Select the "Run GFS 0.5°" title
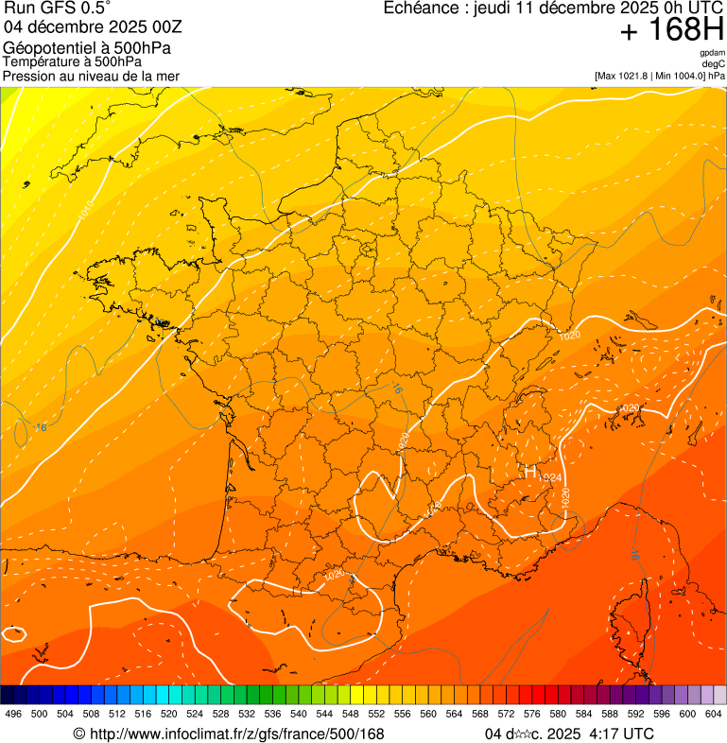[x=58, y=9]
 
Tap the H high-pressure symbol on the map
[x=530, y=471]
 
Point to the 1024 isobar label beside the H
[x=552, y=477]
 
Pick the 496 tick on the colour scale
[x=13, y=714]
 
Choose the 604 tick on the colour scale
[x=714, y=714]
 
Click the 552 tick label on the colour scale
[x=376, y=714]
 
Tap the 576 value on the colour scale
[x=532, y=714]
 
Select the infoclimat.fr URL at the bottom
[x=229, y=734]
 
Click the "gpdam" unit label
[x=713, y=53]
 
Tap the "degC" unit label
[x=714, y=64]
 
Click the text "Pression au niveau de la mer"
[x=91, y=76]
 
